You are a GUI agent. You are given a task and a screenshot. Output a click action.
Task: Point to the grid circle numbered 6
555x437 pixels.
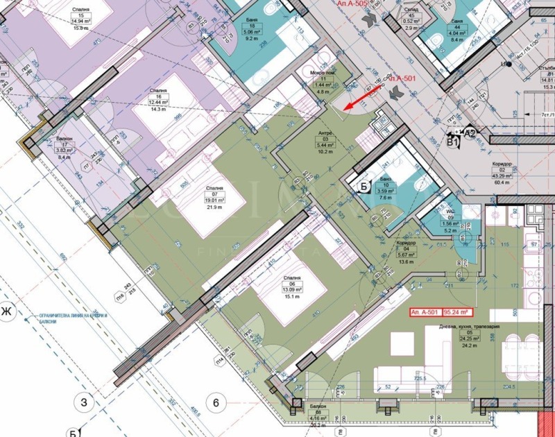pos(216,402)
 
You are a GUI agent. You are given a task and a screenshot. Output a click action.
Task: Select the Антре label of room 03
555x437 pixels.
pos(324,133)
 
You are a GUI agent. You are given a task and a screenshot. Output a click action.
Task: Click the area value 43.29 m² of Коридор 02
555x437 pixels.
pos(502,176)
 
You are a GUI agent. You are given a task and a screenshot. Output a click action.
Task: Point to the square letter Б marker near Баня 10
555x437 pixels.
pos(362,185)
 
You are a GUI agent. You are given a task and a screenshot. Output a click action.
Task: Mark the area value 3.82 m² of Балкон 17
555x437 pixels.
pos(65,150)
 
